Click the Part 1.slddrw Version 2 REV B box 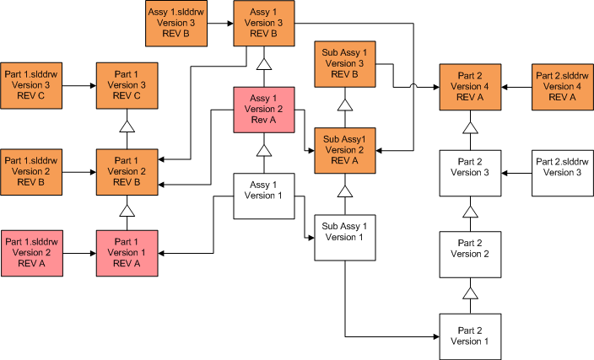pos(32,171)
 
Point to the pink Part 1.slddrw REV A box pos(32,252)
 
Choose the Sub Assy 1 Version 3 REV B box pos(344,62)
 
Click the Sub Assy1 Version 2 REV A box pos(344,150)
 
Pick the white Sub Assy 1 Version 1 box pos(344,237)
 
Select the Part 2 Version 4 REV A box pos(470,85)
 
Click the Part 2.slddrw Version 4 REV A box pos(562,85)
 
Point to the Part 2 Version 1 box pos(470,336)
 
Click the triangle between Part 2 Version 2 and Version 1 pos(470,293)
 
